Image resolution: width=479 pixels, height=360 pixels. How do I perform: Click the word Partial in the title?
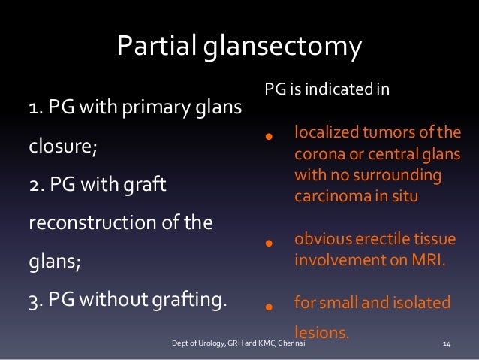pos(155,47)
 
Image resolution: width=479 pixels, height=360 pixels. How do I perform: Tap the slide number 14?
pos(447,343)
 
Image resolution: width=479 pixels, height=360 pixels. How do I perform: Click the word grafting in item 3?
pos(191,301)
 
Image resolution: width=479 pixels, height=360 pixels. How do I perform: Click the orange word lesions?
pos(321,328)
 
